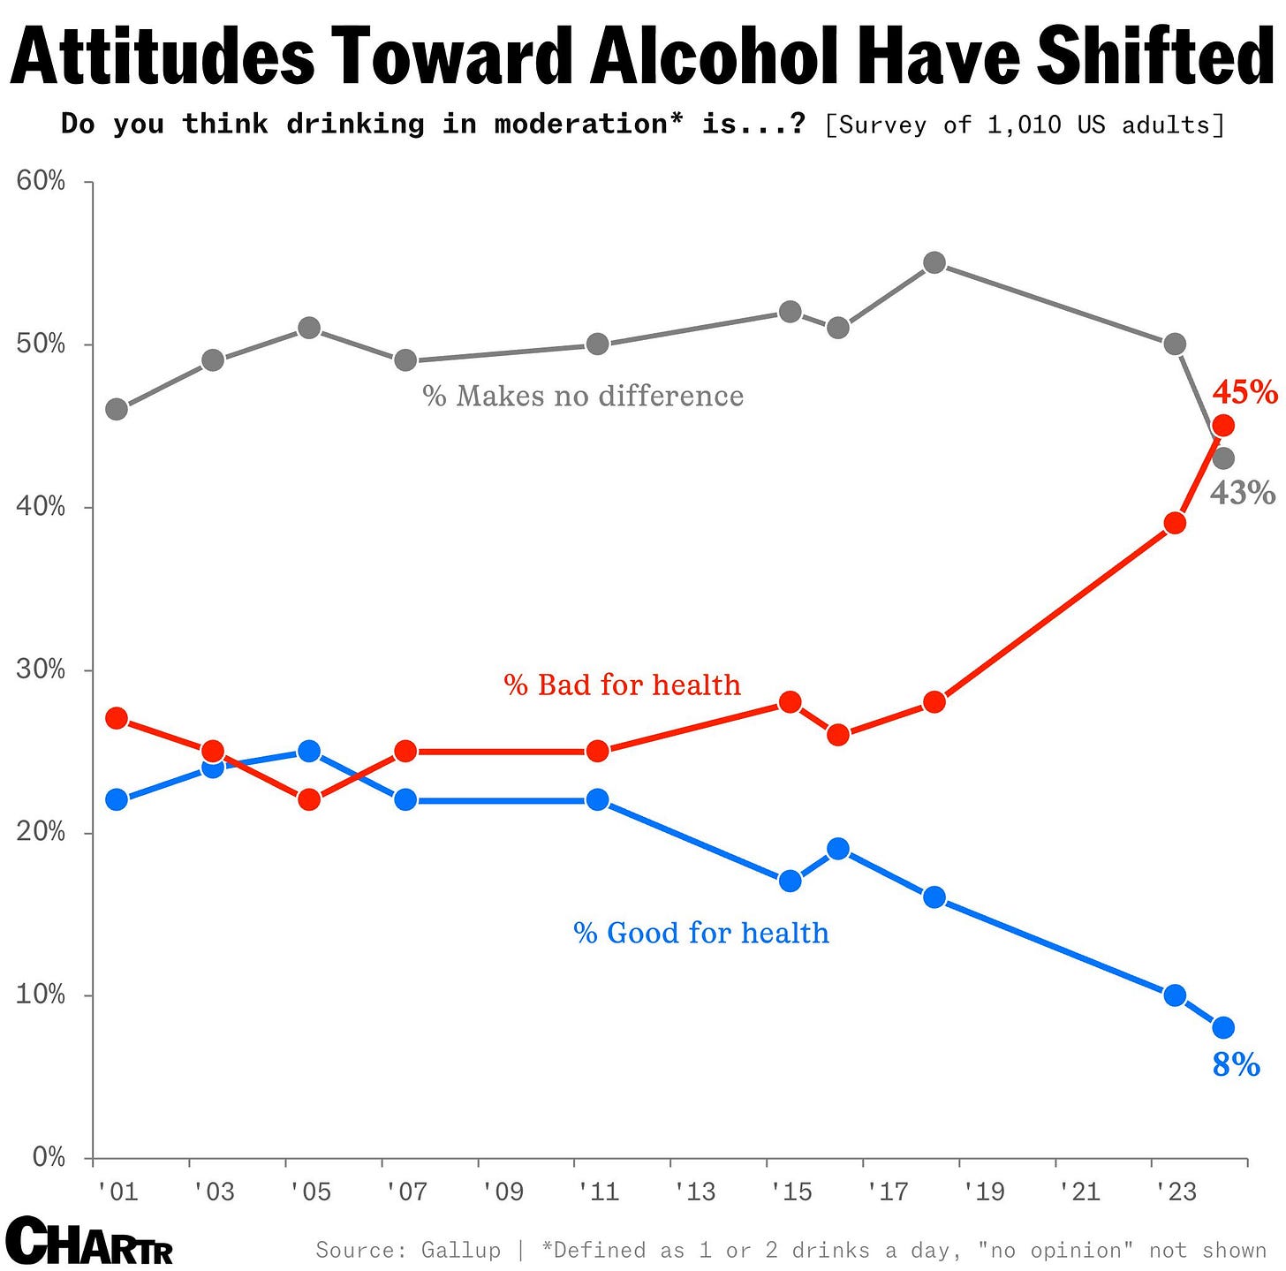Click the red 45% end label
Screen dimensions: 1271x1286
point(1244,391)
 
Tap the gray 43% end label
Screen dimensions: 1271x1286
point(1242,492)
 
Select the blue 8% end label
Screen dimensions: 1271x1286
point(1236,1064)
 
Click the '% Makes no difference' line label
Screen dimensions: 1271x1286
point(583,396)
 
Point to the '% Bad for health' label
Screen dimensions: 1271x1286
point(622,685)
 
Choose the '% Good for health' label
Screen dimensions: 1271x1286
point(701,933)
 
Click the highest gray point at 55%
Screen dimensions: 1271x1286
point(934,263)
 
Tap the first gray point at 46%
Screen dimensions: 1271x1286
point(117,410)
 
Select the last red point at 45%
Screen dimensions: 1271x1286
point(1223,426)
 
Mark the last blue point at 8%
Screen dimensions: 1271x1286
point(1223,1028)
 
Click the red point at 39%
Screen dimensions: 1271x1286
point(1175,523)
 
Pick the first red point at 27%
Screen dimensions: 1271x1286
point(117,718)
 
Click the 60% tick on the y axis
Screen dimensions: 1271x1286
point(41,181)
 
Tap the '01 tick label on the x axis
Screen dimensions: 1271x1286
point(117,1192)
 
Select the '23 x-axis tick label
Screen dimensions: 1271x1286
point(1176,1192)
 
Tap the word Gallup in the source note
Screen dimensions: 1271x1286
point(460,1250)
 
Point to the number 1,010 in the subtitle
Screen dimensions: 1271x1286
point(1024,125)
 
